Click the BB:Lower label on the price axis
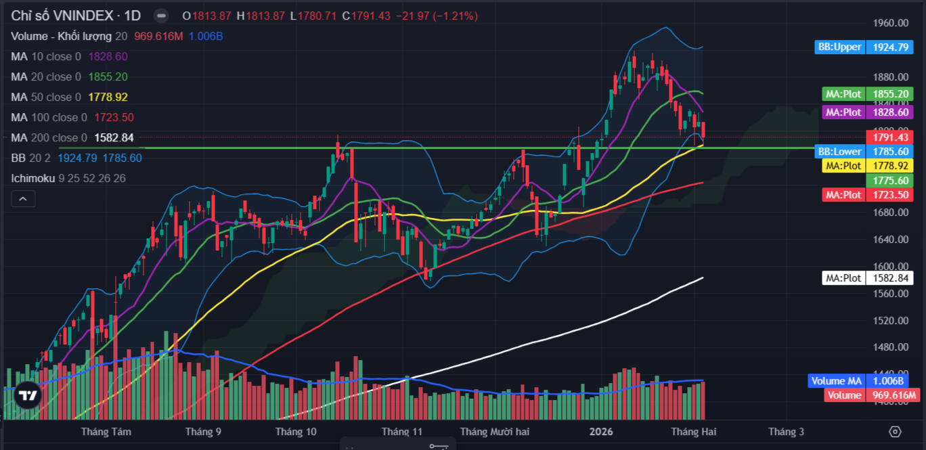(840, 152)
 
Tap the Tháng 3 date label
(786, 432)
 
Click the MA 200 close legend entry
(49, 138)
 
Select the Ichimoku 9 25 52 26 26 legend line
(68, 179)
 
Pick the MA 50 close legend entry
(45, 97)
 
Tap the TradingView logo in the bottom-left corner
(28, 396)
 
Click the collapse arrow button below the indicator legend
(23, 199)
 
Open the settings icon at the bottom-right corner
(895, 432)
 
